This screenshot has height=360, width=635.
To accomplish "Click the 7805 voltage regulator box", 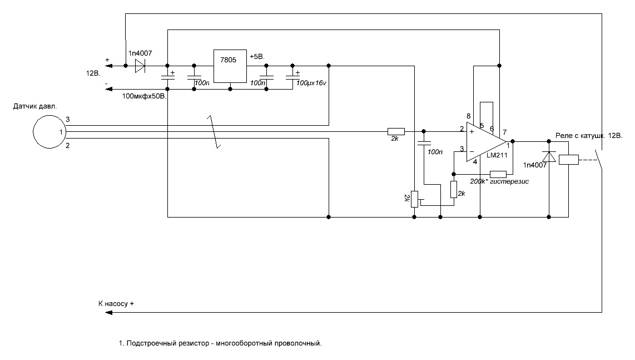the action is click(230, 66).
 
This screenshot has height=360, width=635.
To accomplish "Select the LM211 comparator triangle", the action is click(486, 142).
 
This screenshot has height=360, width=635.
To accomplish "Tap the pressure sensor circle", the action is click(49, 132).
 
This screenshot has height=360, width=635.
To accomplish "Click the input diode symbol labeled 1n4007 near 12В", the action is click(140, 66).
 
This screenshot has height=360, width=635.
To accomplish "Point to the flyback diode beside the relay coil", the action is click(549, 157).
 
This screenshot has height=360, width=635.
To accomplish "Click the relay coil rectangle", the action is click(569, 160).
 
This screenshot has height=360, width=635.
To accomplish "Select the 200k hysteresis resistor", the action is click(498, 174).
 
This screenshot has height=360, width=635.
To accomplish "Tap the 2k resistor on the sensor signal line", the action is click(396, 131).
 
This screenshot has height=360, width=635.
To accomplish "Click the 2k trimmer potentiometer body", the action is click(414, 199).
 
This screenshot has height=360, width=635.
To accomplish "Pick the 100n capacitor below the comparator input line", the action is click(424, 142).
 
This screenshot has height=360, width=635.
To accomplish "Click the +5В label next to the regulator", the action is click(257, 57).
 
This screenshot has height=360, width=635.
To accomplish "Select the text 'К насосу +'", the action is click(116, 304).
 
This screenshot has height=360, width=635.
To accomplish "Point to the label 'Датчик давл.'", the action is click(35, 107).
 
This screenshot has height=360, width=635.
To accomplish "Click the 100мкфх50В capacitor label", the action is click(145, 96).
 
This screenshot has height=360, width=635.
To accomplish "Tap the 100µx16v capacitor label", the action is click(311, 83).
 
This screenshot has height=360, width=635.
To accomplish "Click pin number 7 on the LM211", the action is click(504, 132).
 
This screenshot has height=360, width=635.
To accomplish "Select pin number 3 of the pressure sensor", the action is click(68, 119).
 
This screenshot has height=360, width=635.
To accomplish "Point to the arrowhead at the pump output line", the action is click(108, 313).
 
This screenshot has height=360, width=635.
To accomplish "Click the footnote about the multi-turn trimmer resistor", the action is click(220, 343).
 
